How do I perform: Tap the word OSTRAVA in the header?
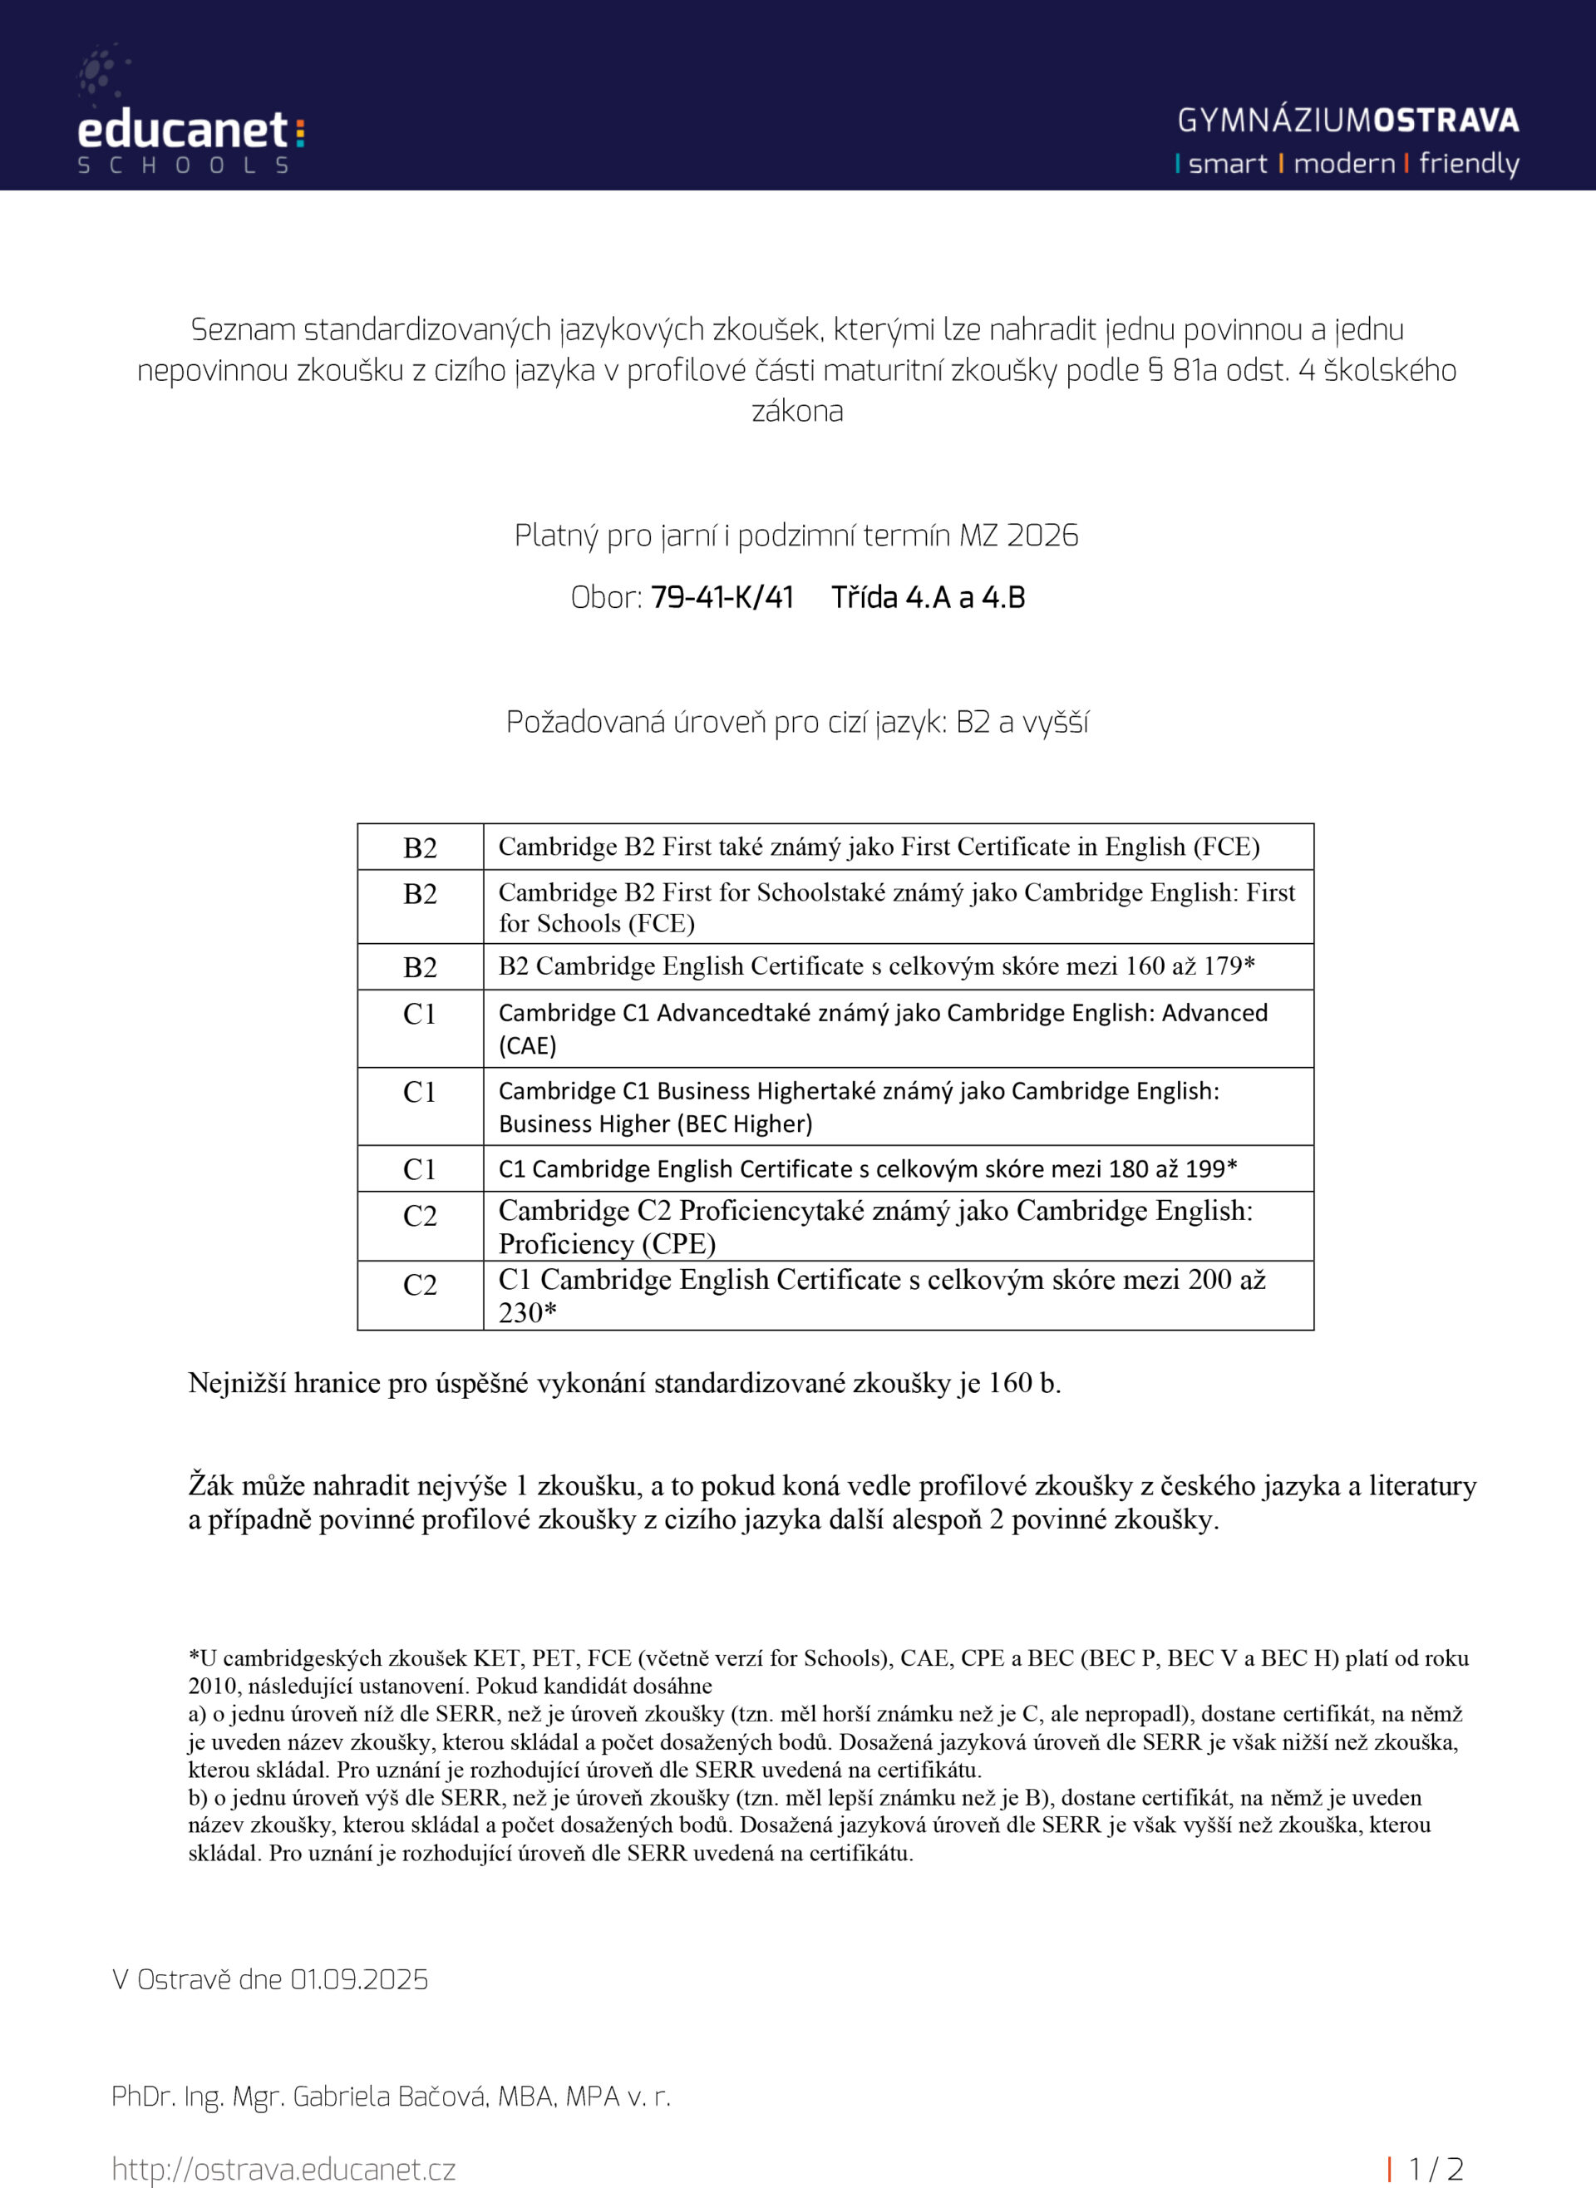coord(1446,121)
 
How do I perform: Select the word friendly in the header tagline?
coord(1469,165)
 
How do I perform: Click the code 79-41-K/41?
coord(722,597)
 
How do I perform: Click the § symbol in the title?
coord(1155,370)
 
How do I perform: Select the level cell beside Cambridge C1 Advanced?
coord(419,1015)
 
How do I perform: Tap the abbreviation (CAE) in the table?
coord(528,1045)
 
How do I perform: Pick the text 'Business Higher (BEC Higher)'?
coord(655,1124)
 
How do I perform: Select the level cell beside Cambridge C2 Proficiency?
coord(419,1216)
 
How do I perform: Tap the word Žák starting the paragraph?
coord(210,1484)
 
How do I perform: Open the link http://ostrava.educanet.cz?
coord(283,2169)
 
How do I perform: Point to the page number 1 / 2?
coord(1436,2169)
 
